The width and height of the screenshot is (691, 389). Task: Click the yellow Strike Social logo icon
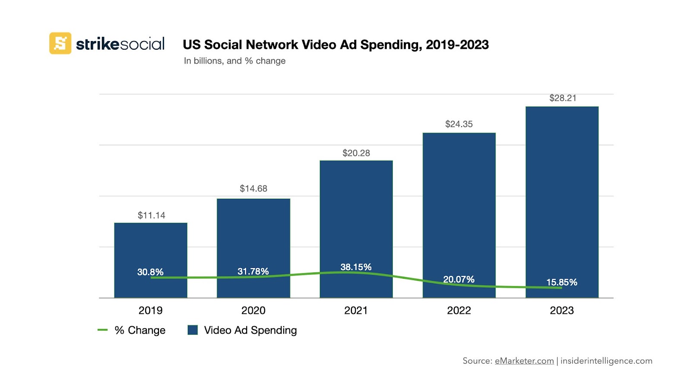pos(60,43)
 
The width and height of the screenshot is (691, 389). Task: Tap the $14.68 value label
pos(254,188)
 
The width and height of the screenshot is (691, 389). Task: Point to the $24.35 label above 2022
pos(459,124)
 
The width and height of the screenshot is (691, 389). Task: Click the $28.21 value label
pos(563,98)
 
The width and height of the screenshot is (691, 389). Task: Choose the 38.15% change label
pos(356,267)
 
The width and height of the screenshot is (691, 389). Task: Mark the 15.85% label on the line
pos(561,282)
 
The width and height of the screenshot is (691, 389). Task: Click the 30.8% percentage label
pos(150,272)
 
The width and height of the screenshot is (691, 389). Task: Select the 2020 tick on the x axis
pos(254,310)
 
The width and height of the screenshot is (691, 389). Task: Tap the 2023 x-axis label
pos(561,310)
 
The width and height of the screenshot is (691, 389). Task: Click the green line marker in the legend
pos(102,330)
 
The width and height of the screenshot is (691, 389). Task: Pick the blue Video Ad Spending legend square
pos(193,330)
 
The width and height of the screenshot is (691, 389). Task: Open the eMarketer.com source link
pos(524,361)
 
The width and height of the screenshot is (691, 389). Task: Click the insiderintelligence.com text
pos(606,361)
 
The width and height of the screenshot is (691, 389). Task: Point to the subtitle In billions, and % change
pos(235,61)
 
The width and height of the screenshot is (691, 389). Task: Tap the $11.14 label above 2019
pos(152,215)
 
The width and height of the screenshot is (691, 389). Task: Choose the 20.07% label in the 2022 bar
pos(459,279)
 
